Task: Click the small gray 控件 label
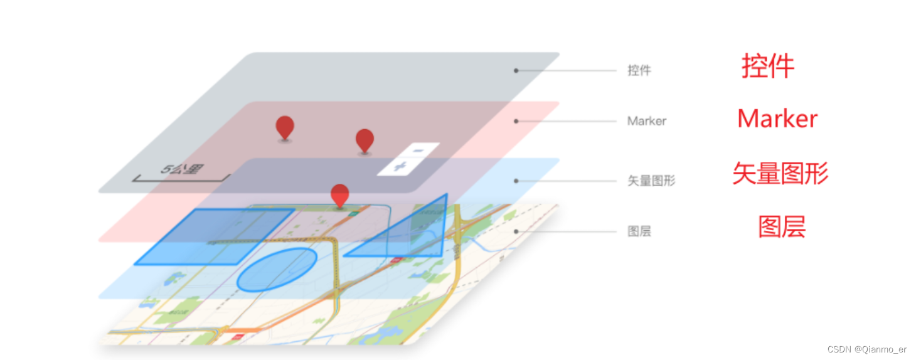coord(639,70)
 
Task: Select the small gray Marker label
coord(646,121)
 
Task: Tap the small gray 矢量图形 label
coord(651,181)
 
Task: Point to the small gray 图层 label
coord(639,231)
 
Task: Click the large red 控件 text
coord(768,66)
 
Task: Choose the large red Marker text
coord(777,119)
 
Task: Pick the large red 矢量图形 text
coord(780,174)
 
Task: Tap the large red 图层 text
coord(781,227)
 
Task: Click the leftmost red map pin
coord(285,127)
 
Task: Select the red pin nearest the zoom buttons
coord(365,140)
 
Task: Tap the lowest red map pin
coord(339,195)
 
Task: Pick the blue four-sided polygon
coord(213,236)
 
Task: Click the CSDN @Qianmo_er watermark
coord(866,349)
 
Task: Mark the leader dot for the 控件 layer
coord(516,70)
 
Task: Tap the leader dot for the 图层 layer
coord(516,231)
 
